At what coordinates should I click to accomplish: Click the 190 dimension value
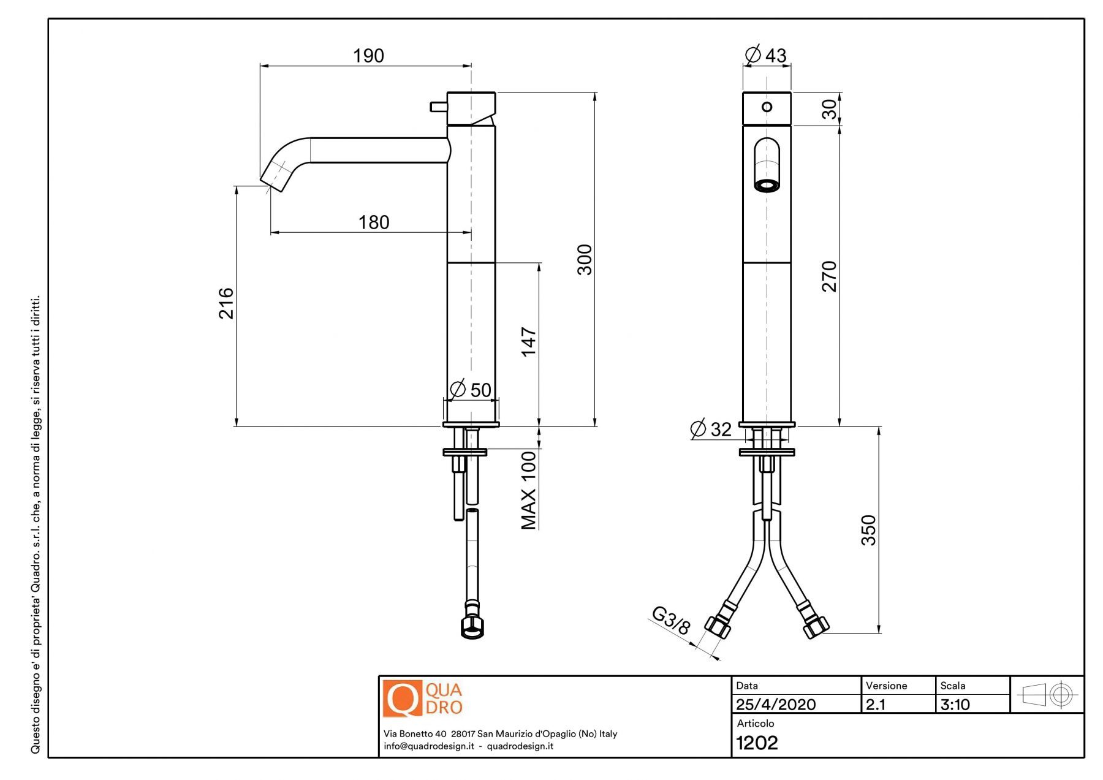[368, 56]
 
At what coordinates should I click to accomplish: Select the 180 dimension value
[374, 222]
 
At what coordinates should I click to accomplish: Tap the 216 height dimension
[227, 303]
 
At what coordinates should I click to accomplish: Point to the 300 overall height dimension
[585, 260]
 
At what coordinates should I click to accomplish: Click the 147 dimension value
[528, 342]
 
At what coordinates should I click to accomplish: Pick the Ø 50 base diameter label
[471, 390]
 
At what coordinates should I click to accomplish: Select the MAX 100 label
[528, 490]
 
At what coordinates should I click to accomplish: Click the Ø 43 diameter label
[766, 55]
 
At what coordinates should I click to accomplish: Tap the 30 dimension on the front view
[829, 109]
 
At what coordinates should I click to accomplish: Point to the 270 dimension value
[829, 276]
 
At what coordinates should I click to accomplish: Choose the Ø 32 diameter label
[711, 429]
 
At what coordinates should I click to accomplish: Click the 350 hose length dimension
[869, 530]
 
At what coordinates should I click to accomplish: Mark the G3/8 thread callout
[671, 620]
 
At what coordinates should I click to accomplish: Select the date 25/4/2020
[776, 705]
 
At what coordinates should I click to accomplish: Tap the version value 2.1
[876, 705]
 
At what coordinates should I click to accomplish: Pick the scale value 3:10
[955, 705]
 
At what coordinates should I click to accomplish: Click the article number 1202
[757, 743]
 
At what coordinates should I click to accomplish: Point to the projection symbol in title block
[1047, 695]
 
